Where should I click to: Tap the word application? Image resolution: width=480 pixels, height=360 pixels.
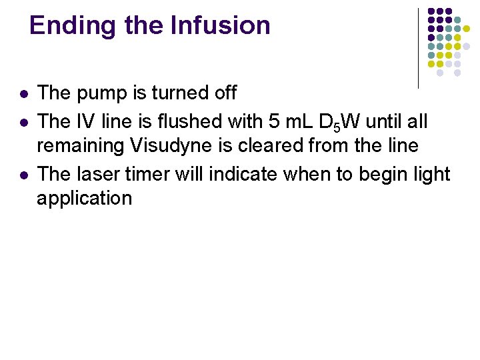tap(85, 199)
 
